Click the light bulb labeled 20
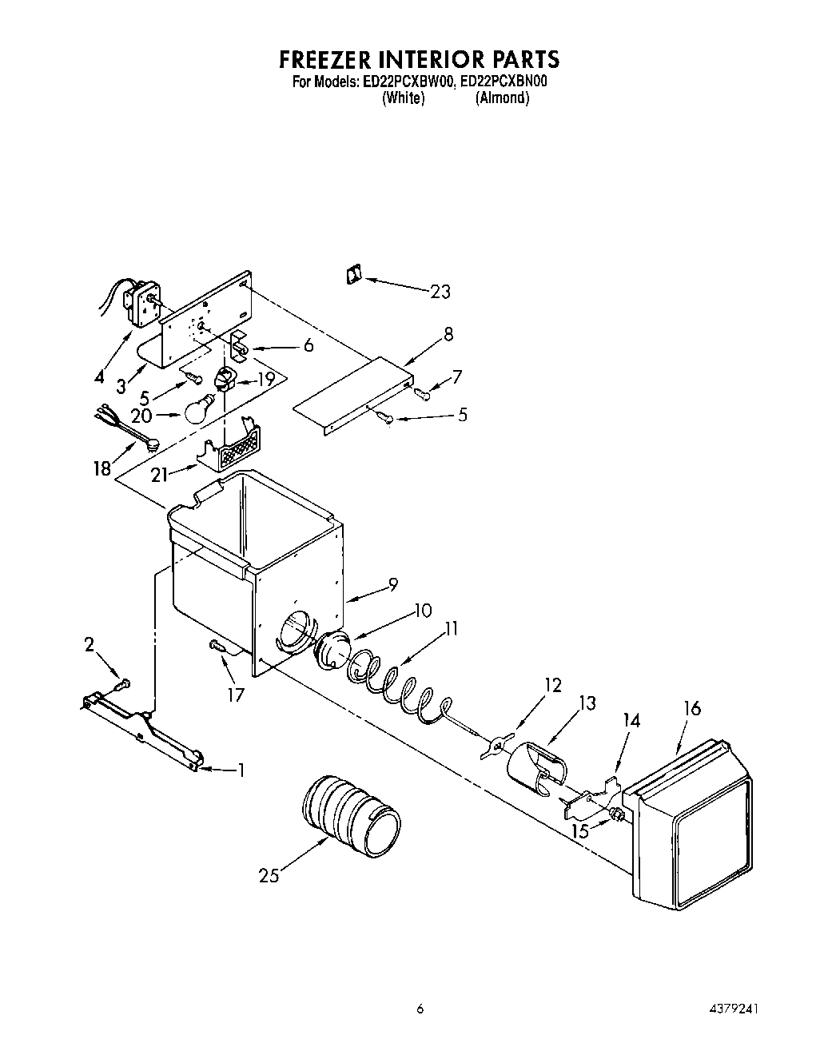click(x=201, y=409)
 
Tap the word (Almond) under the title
click(x=502, y=98)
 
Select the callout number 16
click(x=692, y=708)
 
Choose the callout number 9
click(x=392, y=585)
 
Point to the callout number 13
click(x=587, y=703)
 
